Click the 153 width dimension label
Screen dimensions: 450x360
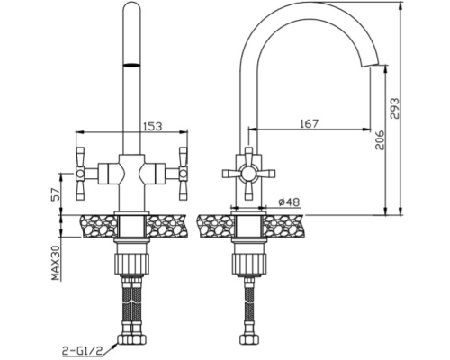click(151, 126)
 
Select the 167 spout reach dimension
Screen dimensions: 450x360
click(309, 123)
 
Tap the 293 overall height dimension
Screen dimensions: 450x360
click(395, 108)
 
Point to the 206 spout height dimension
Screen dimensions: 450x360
click(380, 139)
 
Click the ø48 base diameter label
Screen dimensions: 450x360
click(289, 202)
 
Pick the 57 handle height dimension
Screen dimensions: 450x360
click(56, 193)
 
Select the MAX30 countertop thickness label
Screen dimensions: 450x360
click(56, 263)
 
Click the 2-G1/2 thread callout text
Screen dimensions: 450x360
click(82, 350)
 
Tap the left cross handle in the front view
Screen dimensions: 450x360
click(80, 174)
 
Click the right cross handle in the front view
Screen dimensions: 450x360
click(183, 174)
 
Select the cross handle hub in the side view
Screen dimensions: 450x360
click(248, 174)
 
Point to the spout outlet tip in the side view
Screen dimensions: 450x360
click(370, 66)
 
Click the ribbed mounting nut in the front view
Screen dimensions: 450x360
click(131, 264)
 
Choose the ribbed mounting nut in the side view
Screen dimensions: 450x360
click(248, 264)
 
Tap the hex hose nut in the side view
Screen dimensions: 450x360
click(248, 339)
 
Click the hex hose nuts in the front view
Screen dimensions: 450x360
click(131, 339)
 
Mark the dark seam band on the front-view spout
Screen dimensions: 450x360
click(131, 65)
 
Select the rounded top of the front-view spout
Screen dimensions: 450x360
click(131, 6)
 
